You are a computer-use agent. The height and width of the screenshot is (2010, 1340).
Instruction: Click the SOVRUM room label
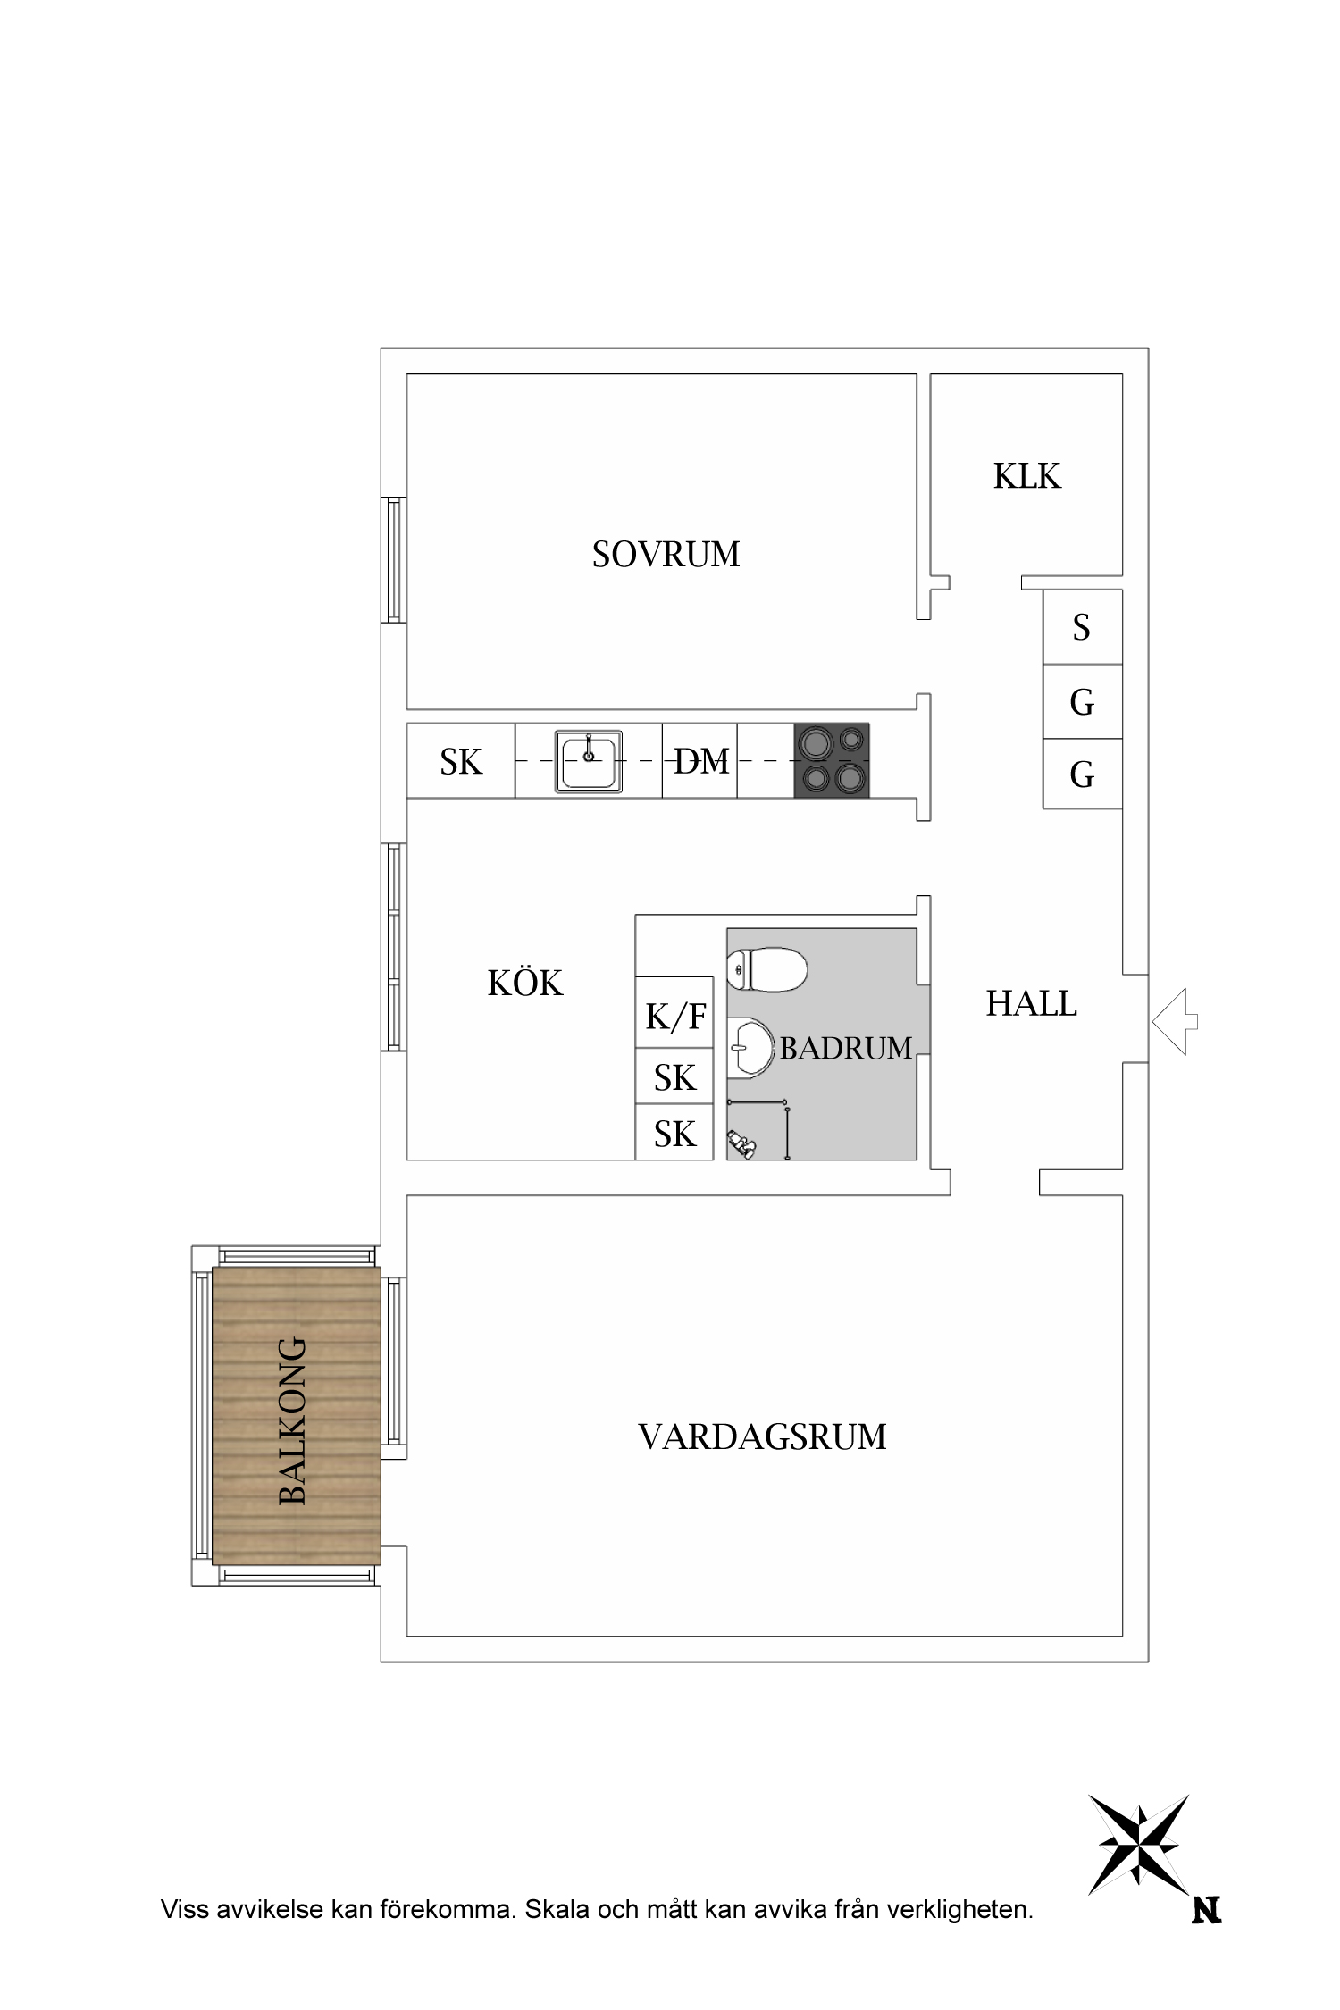(x=666, y=555)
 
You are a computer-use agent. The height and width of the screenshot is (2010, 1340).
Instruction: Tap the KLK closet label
(x=1026, y=476)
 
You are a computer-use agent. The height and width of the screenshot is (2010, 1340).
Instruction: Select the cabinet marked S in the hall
(x=1082, y=627)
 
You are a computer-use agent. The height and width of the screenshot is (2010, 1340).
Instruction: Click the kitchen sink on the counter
(x=588, y=761)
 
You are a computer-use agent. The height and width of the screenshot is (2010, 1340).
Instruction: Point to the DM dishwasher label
(x=701, y=761)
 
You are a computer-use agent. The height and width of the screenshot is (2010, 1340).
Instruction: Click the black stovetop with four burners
(x=832, y=760)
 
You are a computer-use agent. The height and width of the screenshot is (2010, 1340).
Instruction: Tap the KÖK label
(x=525, y=984)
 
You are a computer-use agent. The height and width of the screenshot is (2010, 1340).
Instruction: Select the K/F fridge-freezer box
(x=674, y=1015)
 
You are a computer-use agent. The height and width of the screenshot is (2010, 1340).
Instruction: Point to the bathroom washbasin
(x=750, y=1048)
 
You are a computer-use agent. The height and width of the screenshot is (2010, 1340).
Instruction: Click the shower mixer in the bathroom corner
(x=741, y=1143)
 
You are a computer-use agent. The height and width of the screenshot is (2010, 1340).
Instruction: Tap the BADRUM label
(x=845, y=1048)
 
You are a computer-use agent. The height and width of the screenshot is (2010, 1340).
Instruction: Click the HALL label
(x=1031, y=1004)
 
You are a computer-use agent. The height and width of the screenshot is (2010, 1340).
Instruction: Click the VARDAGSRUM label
(x=762, y=1437)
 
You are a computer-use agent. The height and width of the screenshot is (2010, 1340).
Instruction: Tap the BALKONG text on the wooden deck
(x=293, y=1420)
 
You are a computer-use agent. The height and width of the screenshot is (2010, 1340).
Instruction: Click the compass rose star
(x=1139, y=1845)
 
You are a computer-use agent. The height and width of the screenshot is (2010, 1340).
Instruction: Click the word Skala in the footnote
(x=557, y=1910)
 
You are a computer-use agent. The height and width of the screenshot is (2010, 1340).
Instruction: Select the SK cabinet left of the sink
(x=461, y=761)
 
